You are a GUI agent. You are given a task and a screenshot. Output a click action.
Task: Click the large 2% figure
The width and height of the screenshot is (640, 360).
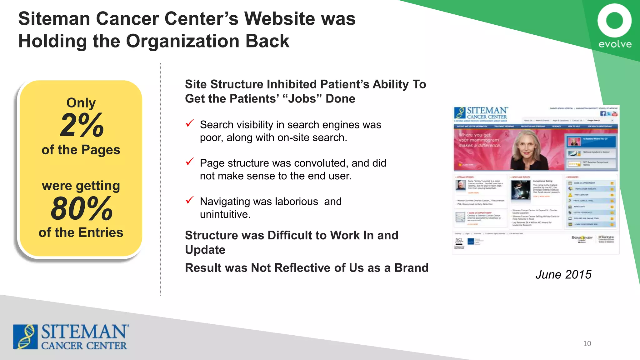pyautogui.click(x=82, y=126)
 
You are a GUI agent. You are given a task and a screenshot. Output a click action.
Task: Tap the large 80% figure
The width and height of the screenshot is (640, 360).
pyautogui.click(x=82, y=209)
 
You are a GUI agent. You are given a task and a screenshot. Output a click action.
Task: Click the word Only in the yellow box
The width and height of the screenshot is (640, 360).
pyautogui.click(x=81, y=103)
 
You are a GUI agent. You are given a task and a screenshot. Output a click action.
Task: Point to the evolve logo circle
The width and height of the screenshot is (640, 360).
pyautogui.click(x=614, y=21)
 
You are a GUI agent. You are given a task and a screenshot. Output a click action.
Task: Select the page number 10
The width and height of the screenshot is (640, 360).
pyautogui.click(x=587, y=344)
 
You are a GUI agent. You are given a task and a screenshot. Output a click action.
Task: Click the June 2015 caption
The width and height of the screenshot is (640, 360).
pyautogui.click(x=563, y=274)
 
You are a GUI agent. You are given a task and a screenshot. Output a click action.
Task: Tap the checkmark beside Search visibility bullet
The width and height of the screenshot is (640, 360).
pyautogui.click(x=190, y=123)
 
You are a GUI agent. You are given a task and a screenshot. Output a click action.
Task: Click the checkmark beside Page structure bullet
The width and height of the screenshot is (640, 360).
pyautogui.click(x=190, y=162)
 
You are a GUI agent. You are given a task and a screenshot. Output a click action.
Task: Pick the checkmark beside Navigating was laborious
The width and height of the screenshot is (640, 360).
pyautogui.click(x=190, y=200)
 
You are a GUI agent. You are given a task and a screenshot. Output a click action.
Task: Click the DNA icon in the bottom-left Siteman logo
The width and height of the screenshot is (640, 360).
pyautogui.click(x=25, y=337)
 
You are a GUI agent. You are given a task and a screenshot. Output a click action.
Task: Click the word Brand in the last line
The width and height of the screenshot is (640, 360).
pyautogui.click(x=411, y=268)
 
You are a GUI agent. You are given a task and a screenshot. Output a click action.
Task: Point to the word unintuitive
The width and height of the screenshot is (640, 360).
pyautogui.click(x=225, y=214)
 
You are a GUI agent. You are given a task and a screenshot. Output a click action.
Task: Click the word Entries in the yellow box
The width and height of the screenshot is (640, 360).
pyautogui.click(x=101, y=232)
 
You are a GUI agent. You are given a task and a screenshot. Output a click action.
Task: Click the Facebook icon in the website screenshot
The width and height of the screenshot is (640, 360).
pyautogui.click(x=603, y=114)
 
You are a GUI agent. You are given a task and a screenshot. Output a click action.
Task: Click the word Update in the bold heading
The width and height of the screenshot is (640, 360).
pyautogui.click(x=205, y=250)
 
